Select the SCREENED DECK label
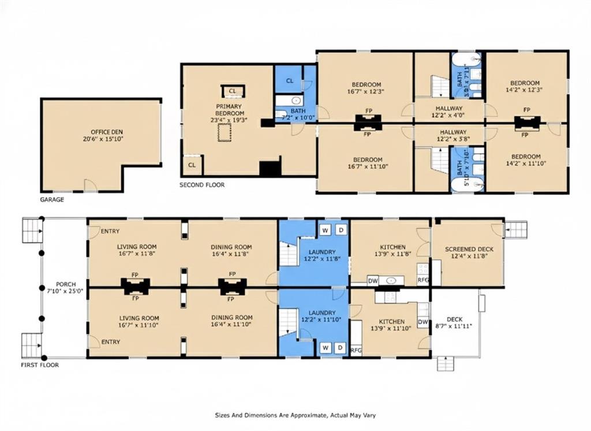[x=469, y=249]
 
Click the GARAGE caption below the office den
[x=52, y=200]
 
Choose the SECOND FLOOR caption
[x=202, y=185]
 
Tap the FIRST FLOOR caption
[x=40, y=365]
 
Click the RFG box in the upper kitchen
[x=423, y=280]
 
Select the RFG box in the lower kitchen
[x=356, y=350]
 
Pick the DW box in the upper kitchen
[x=373, y=281]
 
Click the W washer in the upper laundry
[x=326, y=230]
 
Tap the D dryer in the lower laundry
[x=340, y=348]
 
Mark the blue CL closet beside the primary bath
[x=290, y=80]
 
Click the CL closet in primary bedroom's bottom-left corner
[x=192, y=165]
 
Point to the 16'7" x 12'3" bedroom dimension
[x=366, y=91]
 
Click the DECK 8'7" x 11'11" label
[x=454, y=323]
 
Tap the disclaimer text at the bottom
[x=295, y=415]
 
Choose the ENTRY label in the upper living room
[x=110, y=231]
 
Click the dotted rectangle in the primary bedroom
[x=224, y=133]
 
